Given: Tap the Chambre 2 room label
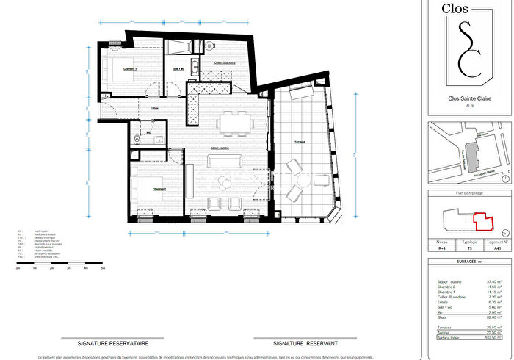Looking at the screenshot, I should [159, 189].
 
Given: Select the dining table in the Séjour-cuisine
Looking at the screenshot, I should [235, 123].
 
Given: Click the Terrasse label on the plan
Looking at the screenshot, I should [300, 143].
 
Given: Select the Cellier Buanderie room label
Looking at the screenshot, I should [225, 63].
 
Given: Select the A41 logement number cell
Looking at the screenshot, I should [497, 248].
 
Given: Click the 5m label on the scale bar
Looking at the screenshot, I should [103, 270].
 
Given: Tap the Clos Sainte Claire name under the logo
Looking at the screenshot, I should [470, 98].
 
